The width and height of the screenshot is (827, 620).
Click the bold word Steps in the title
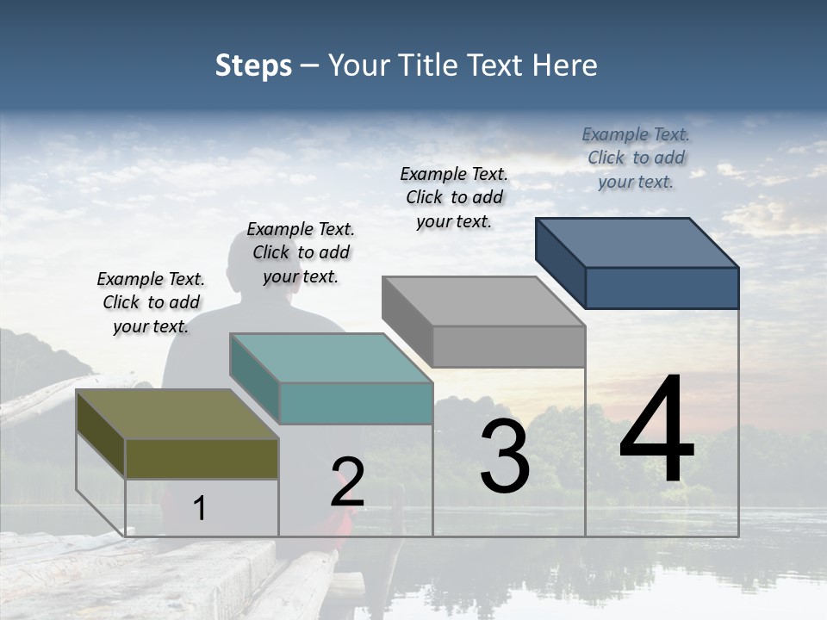253,65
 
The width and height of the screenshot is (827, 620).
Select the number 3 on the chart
505,456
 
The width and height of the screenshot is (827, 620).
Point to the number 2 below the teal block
348,482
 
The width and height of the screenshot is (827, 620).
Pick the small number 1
200,508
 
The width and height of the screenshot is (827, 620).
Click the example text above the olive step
151,302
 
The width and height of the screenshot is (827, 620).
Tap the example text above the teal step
301,252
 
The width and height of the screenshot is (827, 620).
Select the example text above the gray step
454,197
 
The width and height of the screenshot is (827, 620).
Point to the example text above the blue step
636,158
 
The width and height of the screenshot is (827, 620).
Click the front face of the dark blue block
662,288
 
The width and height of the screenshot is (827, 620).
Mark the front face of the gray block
508,346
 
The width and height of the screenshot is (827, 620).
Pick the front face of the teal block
356,403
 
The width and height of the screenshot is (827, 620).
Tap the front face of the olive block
202,458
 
